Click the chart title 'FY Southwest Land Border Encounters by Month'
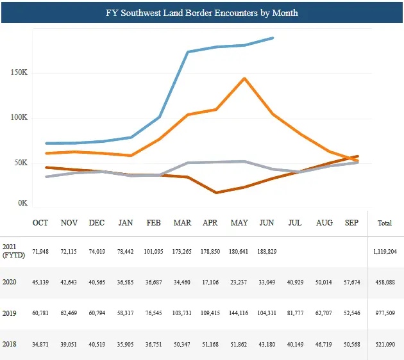pyautogui.click(x=202, y=13)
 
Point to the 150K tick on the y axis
pyautogui.click(x=20, y=73)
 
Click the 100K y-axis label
pyautogui.click(x=20, y=118)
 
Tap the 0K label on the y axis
pyautogui.click(x=22, y=203)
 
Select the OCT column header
pyautogui.click(x=40, y=223)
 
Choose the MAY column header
pyautogui.click(x=239, y=223)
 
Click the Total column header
pyautogui.click(x=385, y=223)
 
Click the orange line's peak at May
pyautogui.click(x=244, y=79)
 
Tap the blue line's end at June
pyautogui.click(x=273, y=38)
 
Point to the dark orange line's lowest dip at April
pyautogui.click(x=217, y=192)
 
